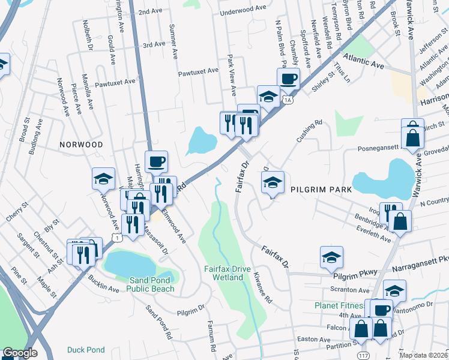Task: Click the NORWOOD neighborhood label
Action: [81, 145]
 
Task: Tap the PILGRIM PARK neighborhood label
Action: [321, 189]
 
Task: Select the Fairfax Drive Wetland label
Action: [228, 274]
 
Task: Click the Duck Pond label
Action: [86, 350]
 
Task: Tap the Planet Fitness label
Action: [339, 305]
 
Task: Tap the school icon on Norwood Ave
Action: [103, 178]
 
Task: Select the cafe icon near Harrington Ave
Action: [156, 161]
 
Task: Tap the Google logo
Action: [20, 353]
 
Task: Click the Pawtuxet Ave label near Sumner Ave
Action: [198, 71]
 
